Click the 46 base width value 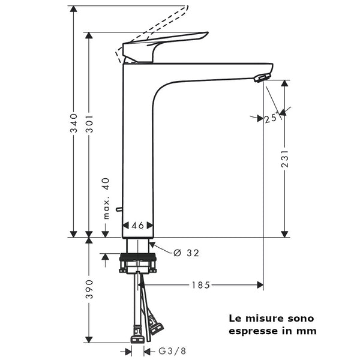(x=138, y=226)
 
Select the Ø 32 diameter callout (x=186, y=253)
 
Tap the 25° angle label (x=271, y=118)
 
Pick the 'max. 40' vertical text (x=106, y=199)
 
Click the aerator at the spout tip (x=260, y=77)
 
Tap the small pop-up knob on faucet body (x=119, y=209)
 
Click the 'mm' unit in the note (x=307, y=331)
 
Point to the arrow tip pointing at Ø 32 (x=151, y=244)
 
